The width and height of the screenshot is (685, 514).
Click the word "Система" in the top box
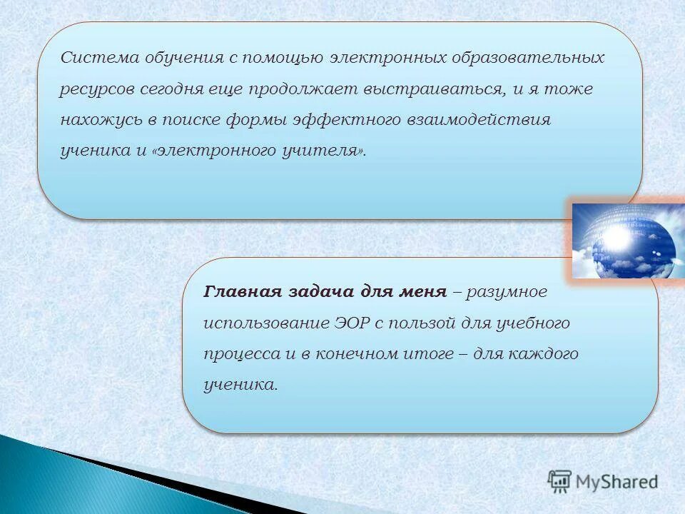pos(89,58)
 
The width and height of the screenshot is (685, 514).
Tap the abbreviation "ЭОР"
pos(350,323)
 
